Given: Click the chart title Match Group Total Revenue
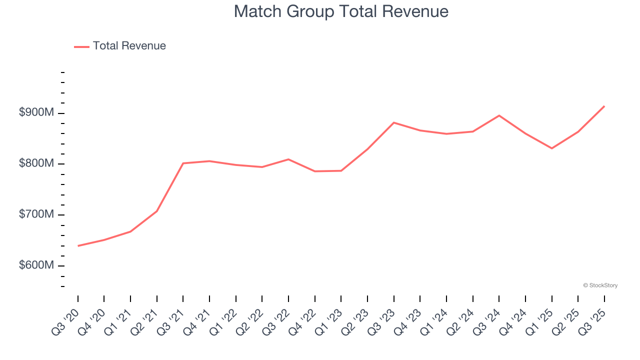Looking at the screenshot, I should pyautogui.click(x=341, y=11).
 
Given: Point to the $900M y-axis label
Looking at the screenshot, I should pyautogui.click(x=36, y=112).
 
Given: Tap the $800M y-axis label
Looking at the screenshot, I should pyautogui.click(x=36, y=163).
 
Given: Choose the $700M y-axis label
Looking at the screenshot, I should pyautogui.click(x=36, y=214).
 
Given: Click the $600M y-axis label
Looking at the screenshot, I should pyautogui.click(x=36, y=265).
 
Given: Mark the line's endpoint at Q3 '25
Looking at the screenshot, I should pyautogui.click(x=604, y=106).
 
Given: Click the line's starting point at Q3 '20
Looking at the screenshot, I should pyautogui.click(x=78, y=246).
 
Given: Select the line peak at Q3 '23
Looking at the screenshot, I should pyautogui.click(x=394, y=122).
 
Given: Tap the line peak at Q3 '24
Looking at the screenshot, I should pyautogui.click(x=499, y=115).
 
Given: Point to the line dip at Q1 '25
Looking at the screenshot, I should pyautogui.click(x=552, y=148).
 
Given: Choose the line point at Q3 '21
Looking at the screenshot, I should pyautogui.click(x=183, y=163).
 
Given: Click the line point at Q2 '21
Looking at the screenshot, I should pyautogui.click(x=157, y=211).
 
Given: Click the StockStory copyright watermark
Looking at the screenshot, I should pyautogui.click(x=600, y=285).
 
